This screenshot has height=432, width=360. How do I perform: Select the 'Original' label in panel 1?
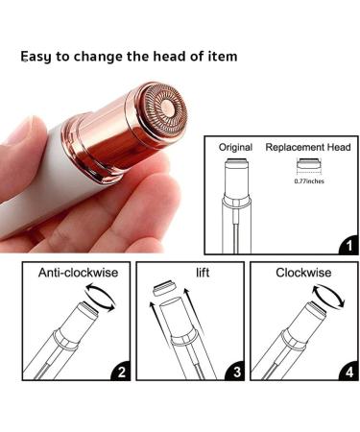236,148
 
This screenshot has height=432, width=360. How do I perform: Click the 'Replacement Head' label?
308,148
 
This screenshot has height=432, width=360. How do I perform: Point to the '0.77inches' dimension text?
307,180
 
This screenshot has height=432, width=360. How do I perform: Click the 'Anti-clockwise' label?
79,273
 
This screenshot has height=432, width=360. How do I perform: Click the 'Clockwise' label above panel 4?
303,273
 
